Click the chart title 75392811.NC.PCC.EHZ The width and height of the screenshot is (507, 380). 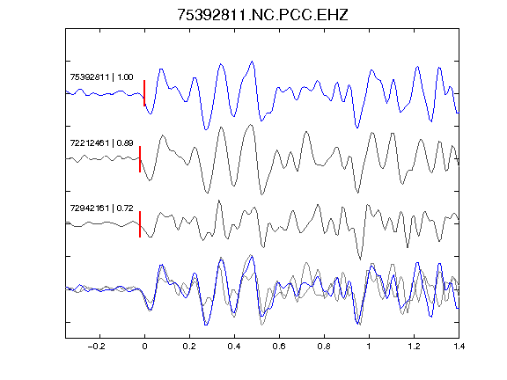pos(262,15)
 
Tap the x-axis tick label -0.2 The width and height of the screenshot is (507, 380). pos(96,347)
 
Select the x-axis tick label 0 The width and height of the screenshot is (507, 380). pos(144,347)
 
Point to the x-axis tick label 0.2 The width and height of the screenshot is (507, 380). pos(189,347)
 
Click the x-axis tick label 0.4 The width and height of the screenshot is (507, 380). pos(234,347)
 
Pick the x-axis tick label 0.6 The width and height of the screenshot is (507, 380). pos(279,347)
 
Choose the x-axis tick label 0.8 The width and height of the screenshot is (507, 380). pos(324,347)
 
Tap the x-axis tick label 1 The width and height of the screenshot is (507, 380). pos(369,347)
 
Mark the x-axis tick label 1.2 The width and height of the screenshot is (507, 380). pos(414,347)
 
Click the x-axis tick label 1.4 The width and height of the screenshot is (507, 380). pos(459,347)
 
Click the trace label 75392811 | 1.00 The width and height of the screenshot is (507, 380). pos(101,77)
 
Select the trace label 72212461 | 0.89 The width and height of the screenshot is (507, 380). pos(101,142)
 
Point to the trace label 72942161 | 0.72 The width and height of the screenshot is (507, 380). pos(101,208)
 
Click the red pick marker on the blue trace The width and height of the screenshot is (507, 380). pos(144,93)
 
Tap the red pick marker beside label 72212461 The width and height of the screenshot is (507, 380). pos(140,159)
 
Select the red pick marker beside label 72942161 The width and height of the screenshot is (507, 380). pos(140,224)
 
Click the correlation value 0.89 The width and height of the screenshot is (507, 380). pos(125,142)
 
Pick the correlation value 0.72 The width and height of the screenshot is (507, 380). pos(125,208)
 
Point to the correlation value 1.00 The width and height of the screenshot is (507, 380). pos(125,77)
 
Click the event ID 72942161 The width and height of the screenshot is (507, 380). pos(90,208)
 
